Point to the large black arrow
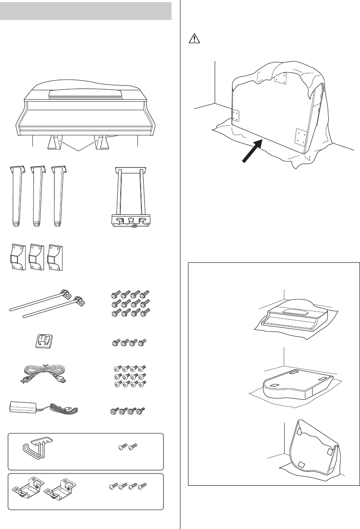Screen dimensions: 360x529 [x=253, y=150]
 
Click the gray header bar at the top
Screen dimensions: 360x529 [x=86, y=10]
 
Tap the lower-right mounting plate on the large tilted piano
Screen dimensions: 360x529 [x=300, y=136]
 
